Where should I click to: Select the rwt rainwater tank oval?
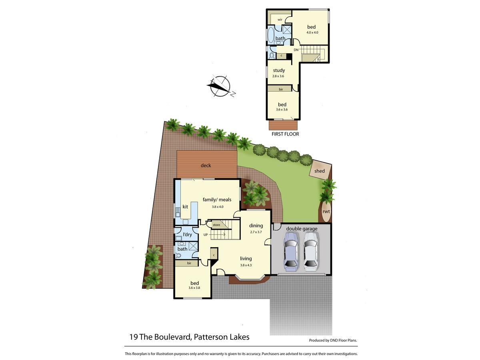click(326, 211)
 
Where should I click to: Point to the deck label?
click(206, 166)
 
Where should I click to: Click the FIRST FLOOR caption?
click(285, 134)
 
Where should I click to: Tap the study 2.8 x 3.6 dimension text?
click(278, 76)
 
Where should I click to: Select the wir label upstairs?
click(280, 20)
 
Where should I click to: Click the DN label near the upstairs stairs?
click(296, 50)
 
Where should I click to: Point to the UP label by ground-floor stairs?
click(206, 235)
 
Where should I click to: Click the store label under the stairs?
click(216, 225)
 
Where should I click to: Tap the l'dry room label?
click(187, 234)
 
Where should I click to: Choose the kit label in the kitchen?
click(185, 206)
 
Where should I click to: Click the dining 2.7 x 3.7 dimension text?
click(256, 232)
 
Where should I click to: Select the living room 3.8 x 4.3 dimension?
click(246, 265)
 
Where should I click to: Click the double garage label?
click(302, 229)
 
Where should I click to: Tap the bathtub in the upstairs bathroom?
click(271, 35)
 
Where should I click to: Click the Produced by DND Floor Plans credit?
click(333, 340)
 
